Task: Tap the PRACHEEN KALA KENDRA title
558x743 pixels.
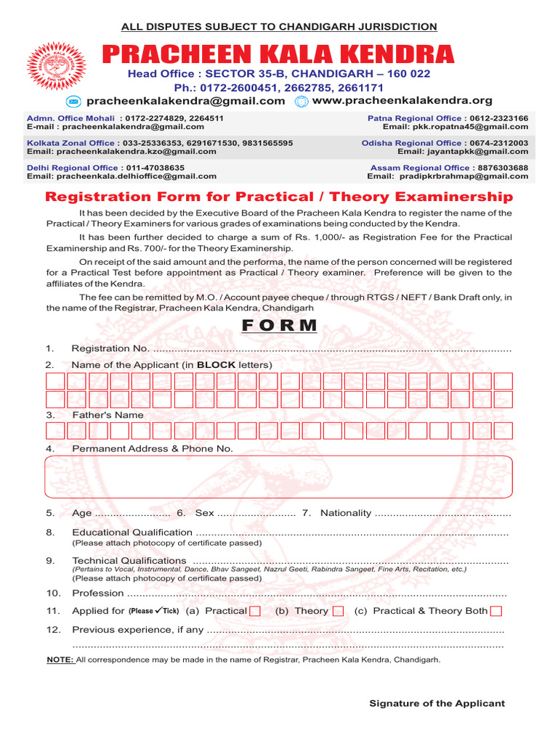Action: point(278,54)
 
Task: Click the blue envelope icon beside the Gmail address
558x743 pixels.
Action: point(73,102)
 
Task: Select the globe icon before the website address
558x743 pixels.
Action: point(302,102)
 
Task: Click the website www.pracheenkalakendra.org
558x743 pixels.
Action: point(402,101)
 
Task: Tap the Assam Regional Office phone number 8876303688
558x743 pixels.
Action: point(501,168)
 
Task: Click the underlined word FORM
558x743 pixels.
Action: point(280,325)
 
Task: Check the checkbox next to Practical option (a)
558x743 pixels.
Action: point(255,612)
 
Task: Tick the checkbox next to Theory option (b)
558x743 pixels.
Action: point(338,612)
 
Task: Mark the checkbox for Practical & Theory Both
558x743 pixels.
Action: point(496,612)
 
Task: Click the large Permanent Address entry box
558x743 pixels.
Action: point(279,477)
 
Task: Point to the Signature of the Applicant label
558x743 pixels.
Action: point(437,703)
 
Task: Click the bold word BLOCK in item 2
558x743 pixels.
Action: point(216,365)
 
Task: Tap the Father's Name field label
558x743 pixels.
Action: point(108,415)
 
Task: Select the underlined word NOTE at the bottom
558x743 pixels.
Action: point(60,660)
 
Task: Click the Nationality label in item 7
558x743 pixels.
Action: point(346,513)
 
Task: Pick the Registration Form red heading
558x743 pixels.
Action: point(279,197)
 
